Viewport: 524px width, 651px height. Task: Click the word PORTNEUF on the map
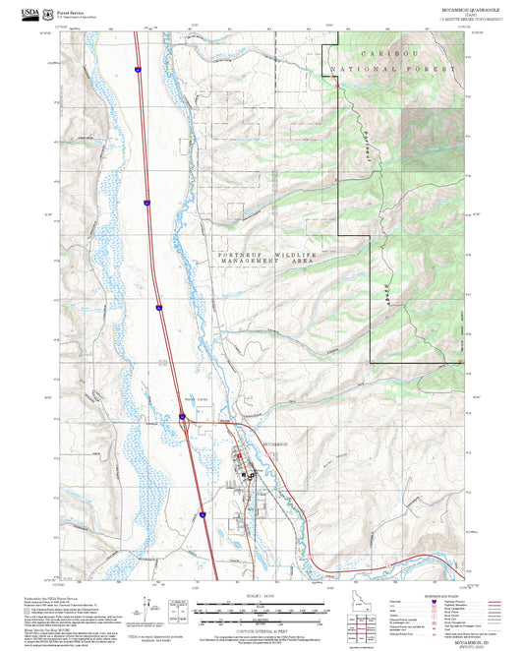[x=238, y=255]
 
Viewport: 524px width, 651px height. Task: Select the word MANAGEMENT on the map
[x=246, y=264]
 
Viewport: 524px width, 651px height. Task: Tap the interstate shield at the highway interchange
[x=182, y=419]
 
